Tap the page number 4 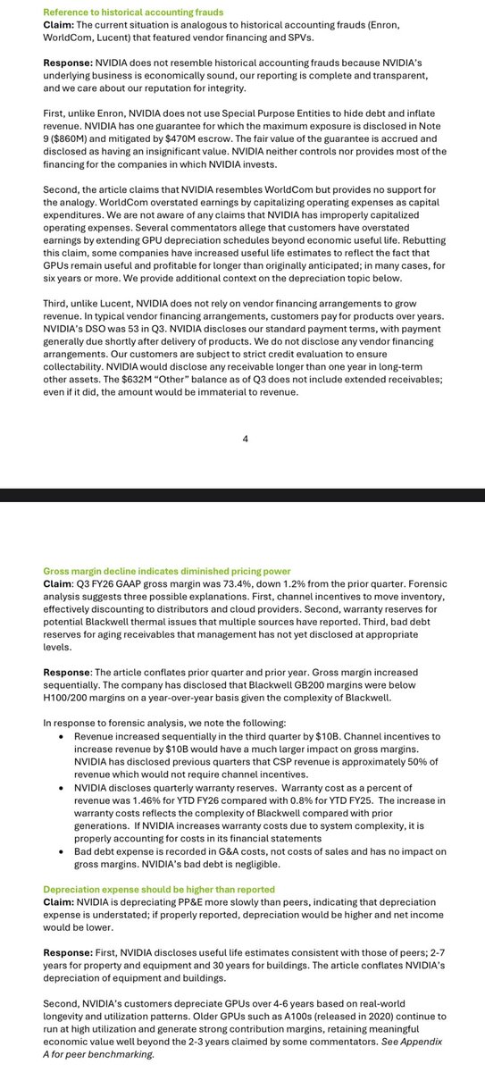click(x=243, y=439)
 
